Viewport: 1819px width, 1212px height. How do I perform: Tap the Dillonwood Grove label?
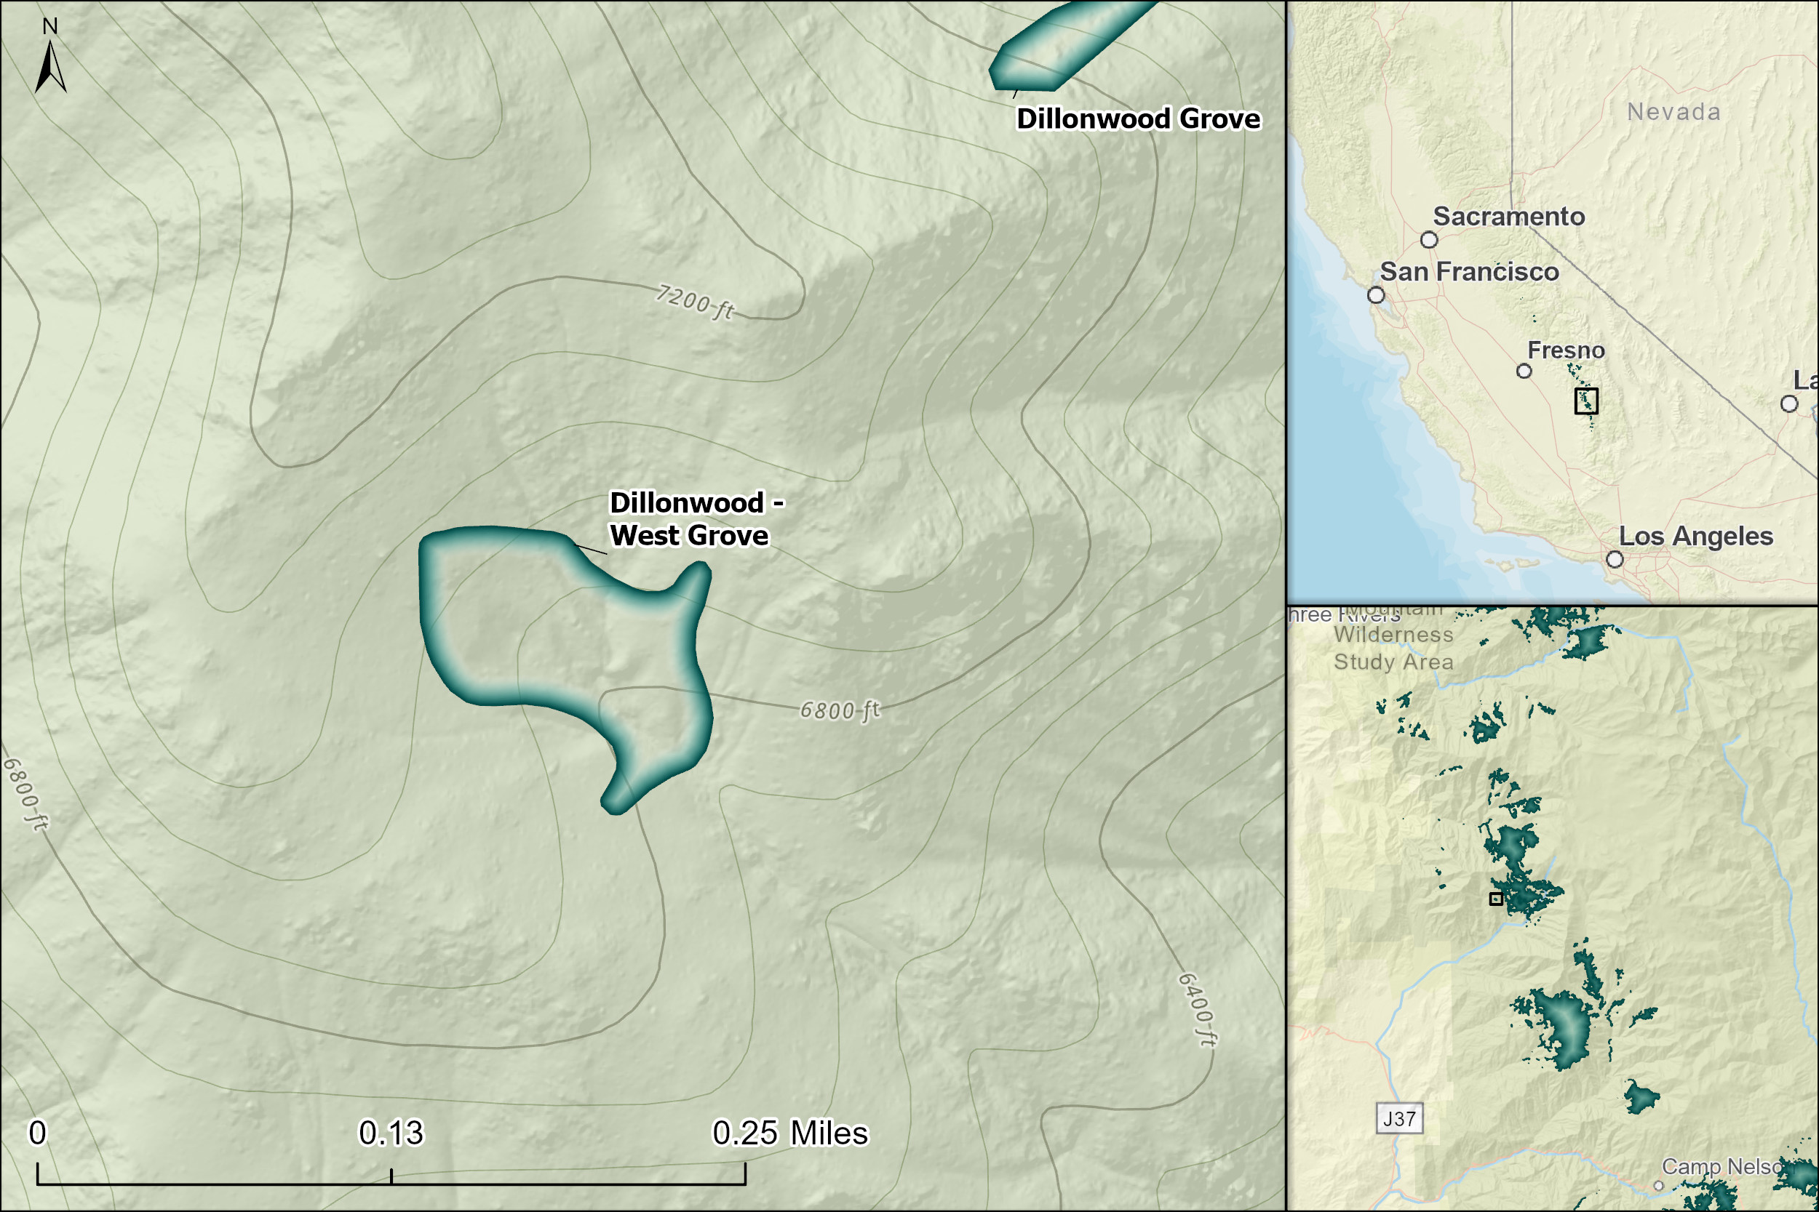pyautogui.click(x=1138, y=119)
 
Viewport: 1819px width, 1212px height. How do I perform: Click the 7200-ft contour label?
pyautogui.click(x=693, y=302)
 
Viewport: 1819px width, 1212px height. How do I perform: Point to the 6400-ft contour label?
pyautogui.click(x=1197, y=1008)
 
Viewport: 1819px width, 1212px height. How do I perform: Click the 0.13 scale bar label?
pyautogui.click(x=391, y=1133)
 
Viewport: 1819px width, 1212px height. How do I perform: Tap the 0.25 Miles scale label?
pyautogui.click(x=789, y=1133)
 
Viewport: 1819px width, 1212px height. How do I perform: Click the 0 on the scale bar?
pyautogui.click(x=37, y=1133)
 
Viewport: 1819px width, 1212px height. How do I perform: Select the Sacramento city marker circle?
pyautogui.click(x=1429, y=240)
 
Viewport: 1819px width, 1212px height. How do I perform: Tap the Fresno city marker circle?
pyautogui.click(x=1524, y=371)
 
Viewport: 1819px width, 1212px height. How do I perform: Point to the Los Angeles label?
pyautogui.click(x=1695, y=537)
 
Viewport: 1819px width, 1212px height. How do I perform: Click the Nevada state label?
pyautogui.click(x=1673, y=112)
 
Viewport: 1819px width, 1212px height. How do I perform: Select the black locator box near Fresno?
pyautogui.click(x=1586, y=401)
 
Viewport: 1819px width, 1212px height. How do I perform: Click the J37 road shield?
pyautogui.click(x=1399, y=1118)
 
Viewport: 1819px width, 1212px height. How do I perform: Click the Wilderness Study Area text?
pyautogui.click(x=1393, y=649)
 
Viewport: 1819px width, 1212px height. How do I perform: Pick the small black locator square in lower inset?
pyautogui.click(x=1496, y=899)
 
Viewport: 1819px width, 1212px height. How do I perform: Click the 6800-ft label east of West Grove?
pyautogui.click(x=839, y=710)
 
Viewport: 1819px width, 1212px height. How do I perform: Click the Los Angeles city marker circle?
pyautogui.click(x=1615, y=559)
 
